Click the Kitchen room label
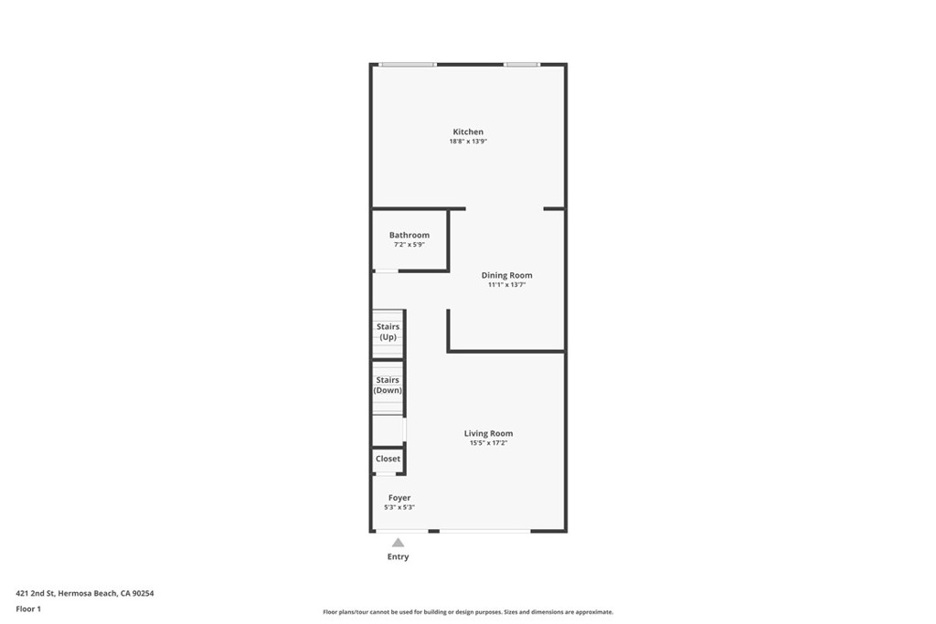468,132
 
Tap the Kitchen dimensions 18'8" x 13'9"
468,143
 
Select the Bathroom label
409,235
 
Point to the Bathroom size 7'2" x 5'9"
409,245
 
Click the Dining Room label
506,275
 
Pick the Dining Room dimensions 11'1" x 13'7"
506,285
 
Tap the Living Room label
488,433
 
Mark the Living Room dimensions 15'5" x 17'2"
488,443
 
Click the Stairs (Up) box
388,333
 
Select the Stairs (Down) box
388,386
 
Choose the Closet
388,459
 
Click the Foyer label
399,498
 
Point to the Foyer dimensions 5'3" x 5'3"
399,508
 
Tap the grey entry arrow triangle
398,543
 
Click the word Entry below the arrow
398,556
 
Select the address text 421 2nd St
85,593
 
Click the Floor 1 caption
29,608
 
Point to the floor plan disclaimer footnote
467,612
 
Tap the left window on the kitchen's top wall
408,64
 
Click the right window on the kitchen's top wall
521,64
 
